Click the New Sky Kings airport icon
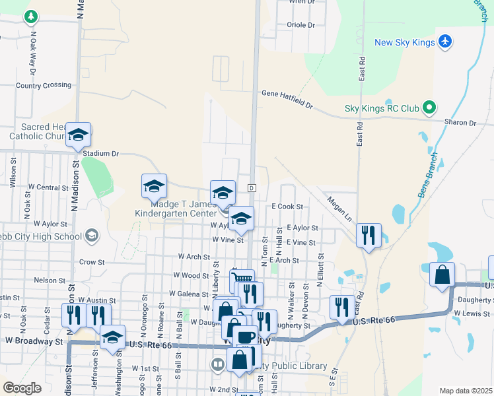[x=445, y=42]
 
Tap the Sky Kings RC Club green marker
[x=429, y=107]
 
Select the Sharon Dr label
[x=460, y=123]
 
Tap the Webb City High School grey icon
[x=91, y=236]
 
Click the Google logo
[x=22, y=388]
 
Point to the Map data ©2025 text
[x=465, y=391]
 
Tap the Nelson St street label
[x=49, y=280]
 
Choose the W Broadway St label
[x=34, y=341]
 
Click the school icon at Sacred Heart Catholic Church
[x=78, y=135]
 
